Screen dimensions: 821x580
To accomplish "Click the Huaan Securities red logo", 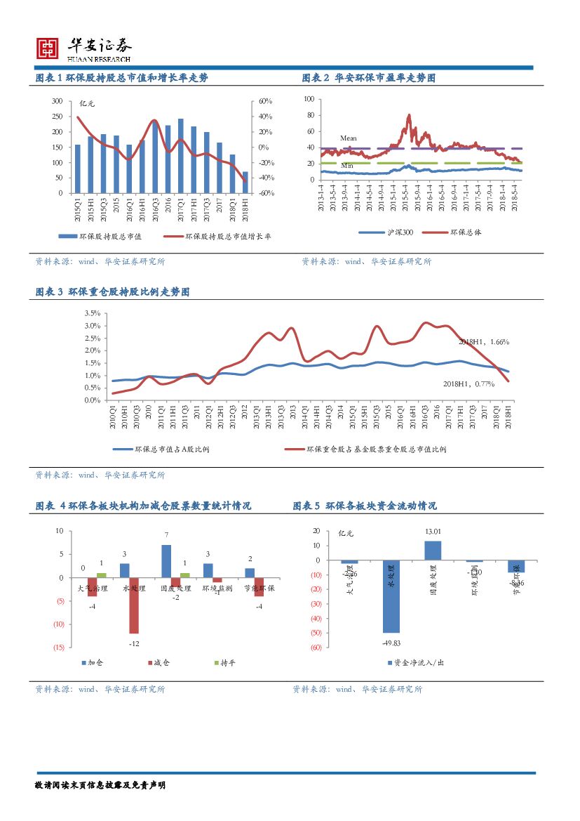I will tap(48, 47).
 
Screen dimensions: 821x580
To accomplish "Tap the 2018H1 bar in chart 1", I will tap(245, 182).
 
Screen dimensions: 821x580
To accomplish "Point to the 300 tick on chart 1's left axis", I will tap(58, 102).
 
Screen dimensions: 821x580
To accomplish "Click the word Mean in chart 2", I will tap(348, 138).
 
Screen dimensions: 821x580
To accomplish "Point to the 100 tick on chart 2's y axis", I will tap(308, 99).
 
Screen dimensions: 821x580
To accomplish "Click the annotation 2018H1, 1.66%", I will tap(483, 342).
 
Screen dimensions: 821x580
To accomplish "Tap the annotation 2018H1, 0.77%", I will tap(468, 383).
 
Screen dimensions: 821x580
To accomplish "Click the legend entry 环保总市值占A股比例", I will tap(171, 449).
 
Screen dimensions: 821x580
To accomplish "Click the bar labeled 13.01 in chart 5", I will tap(433, 551).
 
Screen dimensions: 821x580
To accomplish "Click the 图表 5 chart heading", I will tap(365, 506).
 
